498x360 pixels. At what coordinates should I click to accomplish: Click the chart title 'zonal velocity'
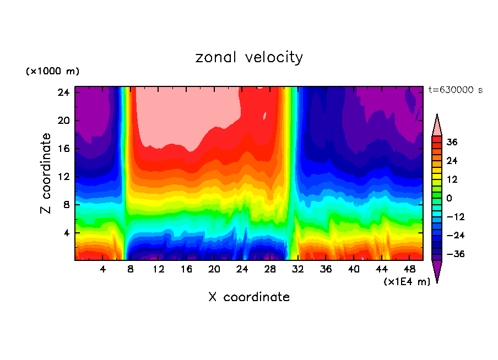point(249,57)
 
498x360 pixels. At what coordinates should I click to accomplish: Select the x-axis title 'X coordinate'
point(249,297)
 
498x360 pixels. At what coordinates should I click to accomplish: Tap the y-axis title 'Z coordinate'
point(47,173)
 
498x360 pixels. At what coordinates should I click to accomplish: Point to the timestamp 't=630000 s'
point(455,90)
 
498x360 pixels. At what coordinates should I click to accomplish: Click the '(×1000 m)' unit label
point(52,72)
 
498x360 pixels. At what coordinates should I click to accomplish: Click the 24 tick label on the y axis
point(62,92)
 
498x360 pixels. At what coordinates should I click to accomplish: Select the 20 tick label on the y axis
point(62,121)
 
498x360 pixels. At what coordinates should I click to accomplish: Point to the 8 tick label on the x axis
point(131,269)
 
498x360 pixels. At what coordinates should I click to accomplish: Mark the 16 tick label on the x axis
point(186,269)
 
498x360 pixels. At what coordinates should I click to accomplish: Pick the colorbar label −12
point(456,217)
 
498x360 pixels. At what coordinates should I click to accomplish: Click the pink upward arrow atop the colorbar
point(437,126)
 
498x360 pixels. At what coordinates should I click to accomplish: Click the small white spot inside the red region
point(265,116)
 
